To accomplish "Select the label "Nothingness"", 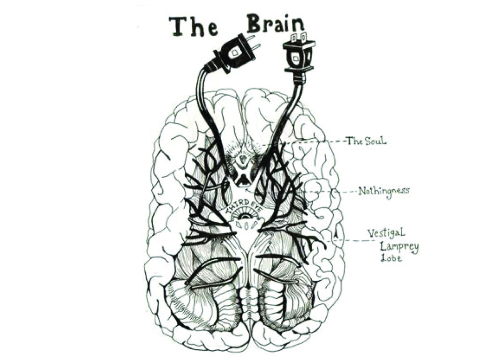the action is pyautogui.click(x=383, y=191).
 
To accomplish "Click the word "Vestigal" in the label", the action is pyautogui.click(x=386, y=233).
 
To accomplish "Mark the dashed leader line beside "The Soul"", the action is pyautogui.click(x=319, y=141).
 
